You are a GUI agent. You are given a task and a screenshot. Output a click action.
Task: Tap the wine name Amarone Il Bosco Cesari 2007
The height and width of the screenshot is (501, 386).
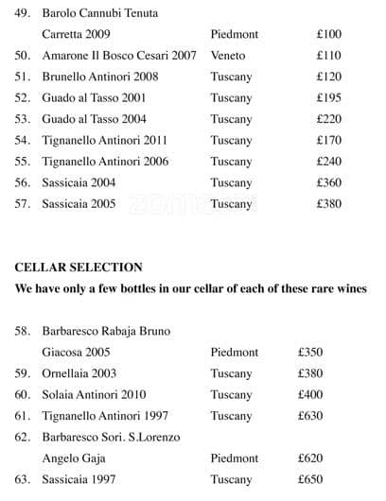[119, 56]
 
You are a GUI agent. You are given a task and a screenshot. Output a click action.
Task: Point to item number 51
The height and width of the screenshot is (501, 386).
[23, 77]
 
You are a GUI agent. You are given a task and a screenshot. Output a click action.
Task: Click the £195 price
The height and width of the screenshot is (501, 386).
[328, 98]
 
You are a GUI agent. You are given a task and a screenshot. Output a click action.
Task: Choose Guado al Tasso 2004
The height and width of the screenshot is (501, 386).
[94, 119]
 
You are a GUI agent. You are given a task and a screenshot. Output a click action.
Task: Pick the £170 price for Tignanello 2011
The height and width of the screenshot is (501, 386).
[328, 141]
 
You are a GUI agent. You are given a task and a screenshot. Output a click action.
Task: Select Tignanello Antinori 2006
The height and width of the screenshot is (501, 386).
[105, 162]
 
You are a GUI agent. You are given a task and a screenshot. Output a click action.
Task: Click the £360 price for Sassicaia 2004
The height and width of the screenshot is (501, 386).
[328, 182]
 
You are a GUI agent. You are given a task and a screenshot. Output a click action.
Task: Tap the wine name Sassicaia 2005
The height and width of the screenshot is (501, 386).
[79, 203]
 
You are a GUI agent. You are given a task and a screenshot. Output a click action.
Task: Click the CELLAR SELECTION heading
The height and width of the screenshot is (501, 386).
[79, 268]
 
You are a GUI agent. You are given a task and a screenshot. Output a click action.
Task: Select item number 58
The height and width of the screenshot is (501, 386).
[23, 331]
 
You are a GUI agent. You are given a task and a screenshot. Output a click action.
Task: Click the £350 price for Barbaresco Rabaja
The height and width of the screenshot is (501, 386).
[310, 352]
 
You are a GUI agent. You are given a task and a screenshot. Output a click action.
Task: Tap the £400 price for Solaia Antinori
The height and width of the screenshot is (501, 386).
[310, 394]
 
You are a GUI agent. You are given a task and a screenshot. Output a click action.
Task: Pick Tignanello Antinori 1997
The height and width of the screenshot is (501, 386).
[105, 416]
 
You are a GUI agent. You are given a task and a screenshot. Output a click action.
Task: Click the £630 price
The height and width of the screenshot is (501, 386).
[310, 416]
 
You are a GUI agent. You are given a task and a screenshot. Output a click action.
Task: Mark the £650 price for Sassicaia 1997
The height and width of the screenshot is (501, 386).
[310, 479]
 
